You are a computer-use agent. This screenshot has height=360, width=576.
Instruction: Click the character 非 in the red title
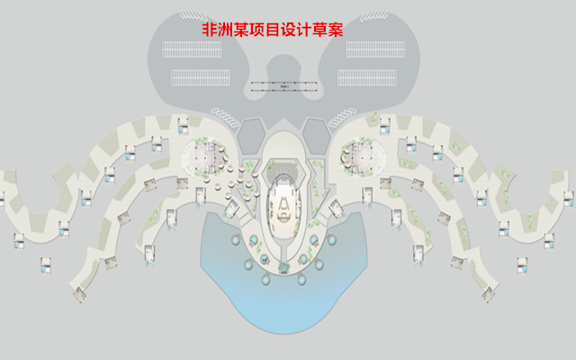click(210, 29)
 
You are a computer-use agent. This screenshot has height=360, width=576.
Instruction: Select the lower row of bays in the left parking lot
click(195, 76)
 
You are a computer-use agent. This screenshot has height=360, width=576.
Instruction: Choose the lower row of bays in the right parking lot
click(379, 76)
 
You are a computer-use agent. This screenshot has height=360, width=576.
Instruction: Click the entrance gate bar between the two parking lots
click(287, 86)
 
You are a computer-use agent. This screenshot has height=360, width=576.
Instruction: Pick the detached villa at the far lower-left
click(46, 264)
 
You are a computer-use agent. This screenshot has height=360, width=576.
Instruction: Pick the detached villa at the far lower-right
click(523, 264)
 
